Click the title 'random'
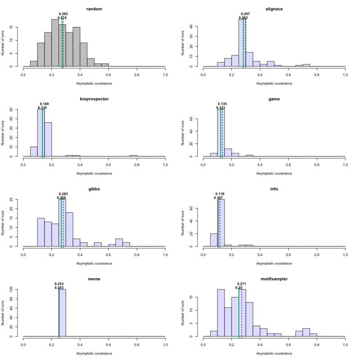pyautogui.click(x=94, y=9)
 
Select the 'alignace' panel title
pyautogui.click(x=274, y=9)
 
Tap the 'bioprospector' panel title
pyautogui.click(x=94, y=99)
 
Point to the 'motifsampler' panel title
pyautogui.click(x=274, y=279)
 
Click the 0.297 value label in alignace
pyautogui.click(x=245, y=14)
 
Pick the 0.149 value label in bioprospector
pyautogui.click(x=44, y=104)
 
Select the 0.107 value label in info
pyautogui.click(x=219, y=198)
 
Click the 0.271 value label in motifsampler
pyautogui.click(x=242, y=284)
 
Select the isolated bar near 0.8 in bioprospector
pyautogui.click(x=133, y=156)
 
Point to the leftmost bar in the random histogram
pyautogui.click(x=34, y=63)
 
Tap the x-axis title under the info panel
pyautogui.click(x=274, y=263)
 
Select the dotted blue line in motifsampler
pyautogui.click(x=242, y=315)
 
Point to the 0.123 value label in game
pyautogui.click(x=220, y=108)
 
